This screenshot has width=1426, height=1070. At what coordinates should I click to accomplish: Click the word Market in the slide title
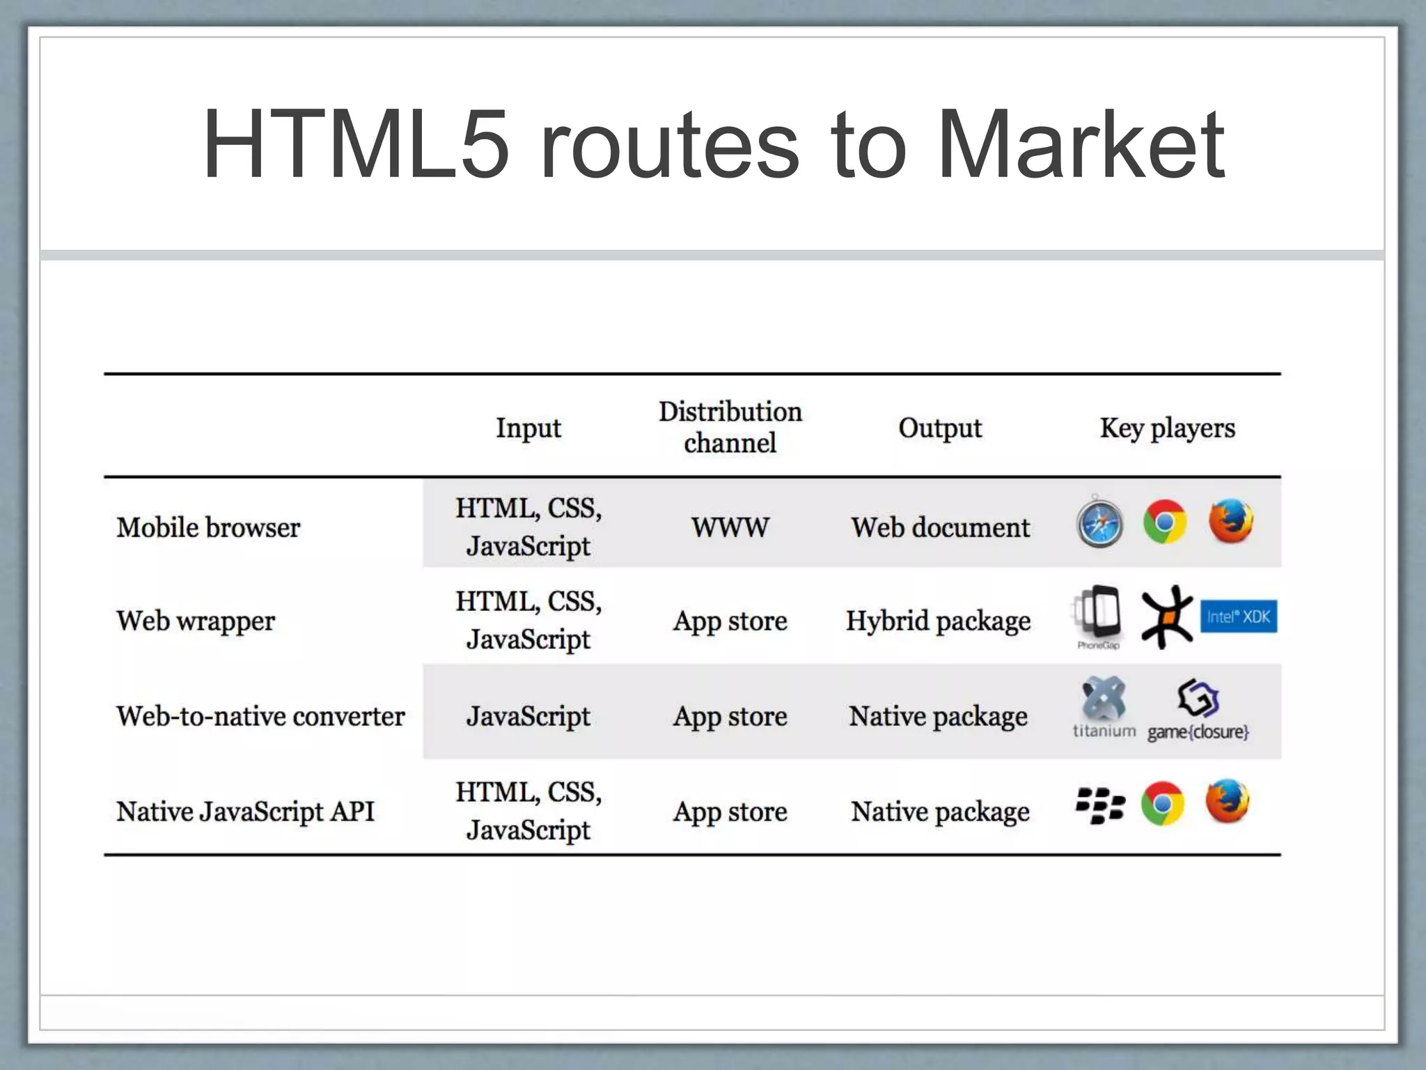click(1081, 146)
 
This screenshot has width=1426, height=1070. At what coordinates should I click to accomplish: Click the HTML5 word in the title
click(356, 146)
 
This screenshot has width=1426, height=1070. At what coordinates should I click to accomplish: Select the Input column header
click(528, 428)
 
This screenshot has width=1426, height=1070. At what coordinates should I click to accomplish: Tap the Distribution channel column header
click(730, 427)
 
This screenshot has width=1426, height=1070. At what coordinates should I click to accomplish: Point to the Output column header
click(939, 428)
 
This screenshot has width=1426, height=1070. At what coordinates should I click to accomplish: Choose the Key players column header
click(1167, 428)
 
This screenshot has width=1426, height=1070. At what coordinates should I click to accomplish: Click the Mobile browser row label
click(208, 527)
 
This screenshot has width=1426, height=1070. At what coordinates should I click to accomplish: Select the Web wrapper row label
click(196, 621)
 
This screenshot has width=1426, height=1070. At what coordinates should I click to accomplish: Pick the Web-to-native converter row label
click(260, 716)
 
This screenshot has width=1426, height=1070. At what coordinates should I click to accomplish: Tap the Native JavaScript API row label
click(245, 812)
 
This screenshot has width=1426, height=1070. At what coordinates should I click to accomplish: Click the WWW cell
click(730, 527)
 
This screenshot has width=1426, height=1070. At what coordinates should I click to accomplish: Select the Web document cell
click(940, 527)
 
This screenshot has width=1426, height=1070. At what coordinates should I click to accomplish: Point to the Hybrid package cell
click(938, 621)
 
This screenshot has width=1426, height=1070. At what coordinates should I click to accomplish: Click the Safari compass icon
click(1099, 522)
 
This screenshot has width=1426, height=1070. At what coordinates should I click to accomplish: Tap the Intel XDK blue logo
click(1239, 617)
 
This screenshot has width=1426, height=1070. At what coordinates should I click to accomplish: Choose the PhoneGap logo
click(1098, 616)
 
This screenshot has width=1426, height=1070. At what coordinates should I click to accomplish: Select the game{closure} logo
click(1198, 710)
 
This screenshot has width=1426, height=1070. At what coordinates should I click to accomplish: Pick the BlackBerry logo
click(1099, 805)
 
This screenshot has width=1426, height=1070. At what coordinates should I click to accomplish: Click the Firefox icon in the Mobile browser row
click(1230, 520)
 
